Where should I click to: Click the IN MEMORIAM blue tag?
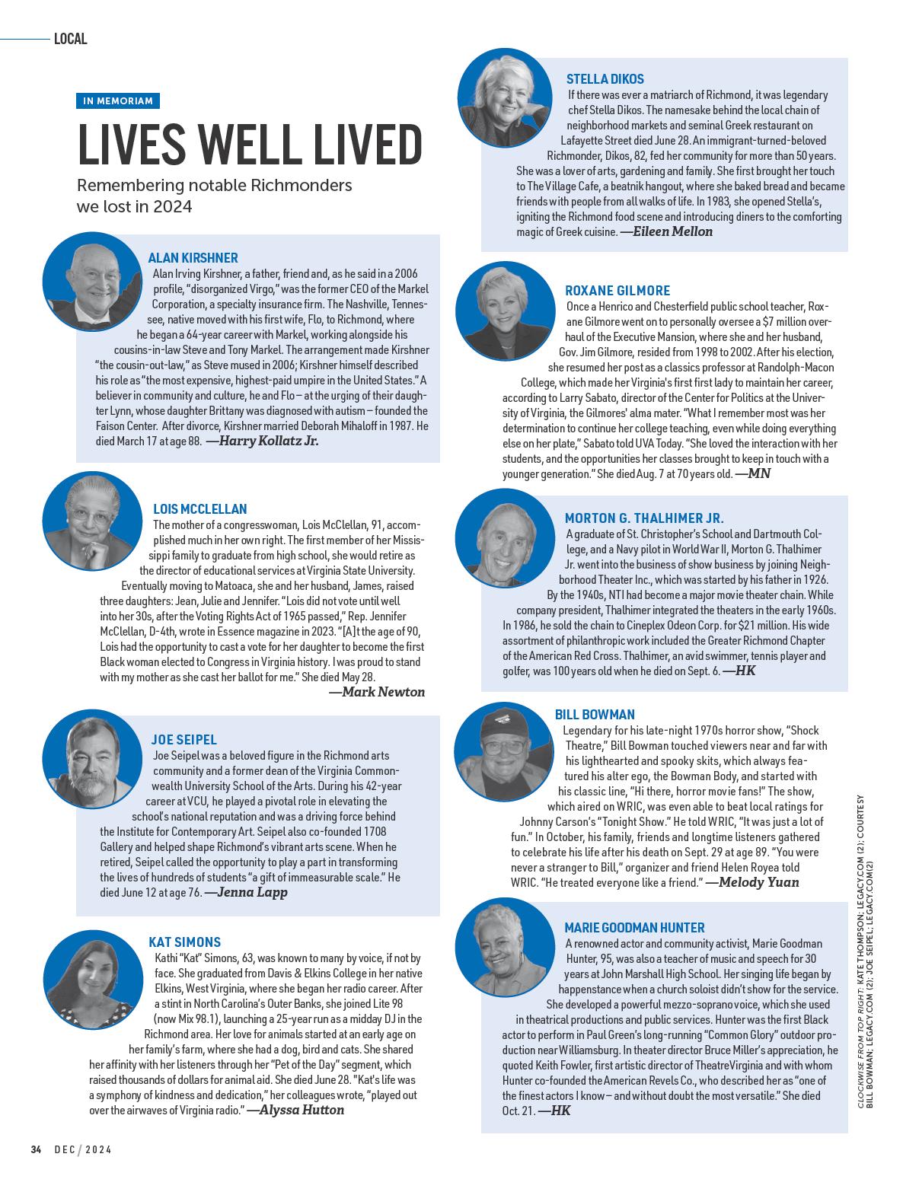pyautogui.click(x=118, y=100)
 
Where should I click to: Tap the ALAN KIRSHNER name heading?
pyautogui.click(x=193, y=258)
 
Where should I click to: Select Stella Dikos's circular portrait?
pyautogui.click(x=506, y=96)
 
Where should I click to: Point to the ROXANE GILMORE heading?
pyautogui.click(x=617, y=291)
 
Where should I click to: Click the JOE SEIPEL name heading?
pyautogui.click(x=184, y=740)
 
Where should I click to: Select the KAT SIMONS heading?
pyautogui.click(x=185, y=942)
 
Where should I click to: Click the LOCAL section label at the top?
pyautogui.click(x=71, y=39)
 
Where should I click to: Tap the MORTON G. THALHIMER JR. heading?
pyautogui.click(x=644, y=518)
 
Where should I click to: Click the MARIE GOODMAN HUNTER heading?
pyautogui.click(x=634, y=928)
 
